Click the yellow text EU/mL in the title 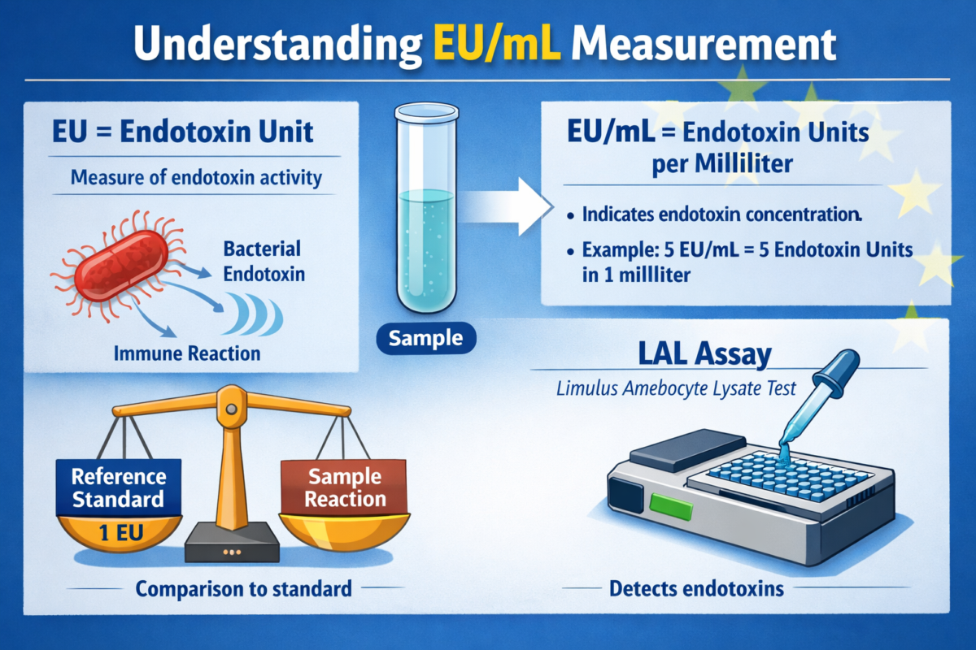tap(497, 45)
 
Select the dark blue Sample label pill tap(426, 338)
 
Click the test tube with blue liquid tap(426, 207)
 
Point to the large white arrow tap(505, 207)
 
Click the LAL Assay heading tap(705, 353)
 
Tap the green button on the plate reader tap(671, 507)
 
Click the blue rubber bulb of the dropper tap(836, 373)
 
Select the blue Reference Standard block tap(119, 487)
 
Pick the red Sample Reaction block tap(344, 487)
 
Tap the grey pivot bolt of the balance tap(232, 409)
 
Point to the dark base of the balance tap(233, 543)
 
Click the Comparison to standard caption tap(243, 588)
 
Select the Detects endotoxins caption tap(696, 588)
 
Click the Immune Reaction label tap(187, 353)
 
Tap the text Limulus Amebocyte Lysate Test tap(676, 388)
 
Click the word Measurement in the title tap(704, 45)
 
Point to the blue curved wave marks tap(253, 314)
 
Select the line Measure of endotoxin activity tap(196, 178)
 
